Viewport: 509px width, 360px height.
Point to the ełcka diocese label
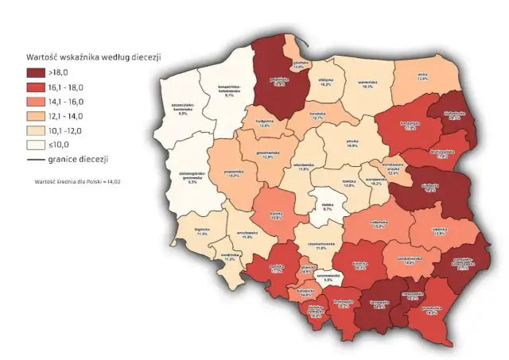coord(422,76)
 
